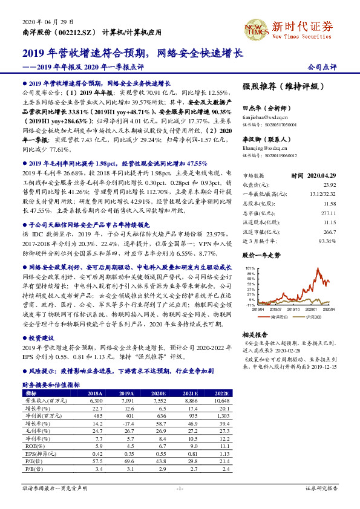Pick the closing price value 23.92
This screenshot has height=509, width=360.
329,184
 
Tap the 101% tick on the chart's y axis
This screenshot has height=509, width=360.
248,267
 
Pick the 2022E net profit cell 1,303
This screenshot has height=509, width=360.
221,416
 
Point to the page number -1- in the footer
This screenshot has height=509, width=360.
180,487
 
